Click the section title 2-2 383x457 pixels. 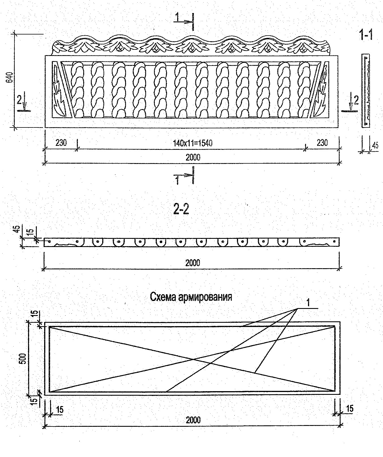click(181, 209)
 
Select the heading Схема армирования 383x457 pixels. click(191, 297)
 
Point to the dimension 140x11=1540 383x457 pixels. click(193, 143)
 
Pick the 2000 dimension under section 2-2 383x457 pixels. click(193, 263)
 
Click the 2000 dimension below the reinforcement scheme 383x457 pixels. click(193, 420)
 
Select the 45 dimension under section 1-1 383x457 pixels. click(375, 146)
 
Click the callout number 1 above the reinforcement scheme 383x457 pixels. click(309, 303)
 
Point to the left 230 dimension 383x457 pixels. click(61, 143)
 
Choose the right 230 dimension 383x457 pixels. click(322, 143)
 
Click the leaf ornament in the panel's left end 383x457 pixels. click(59, 90)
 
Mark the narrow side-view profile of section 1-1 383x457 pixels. click(366, 90)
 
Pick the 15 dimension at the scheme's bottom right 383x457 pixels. click(350, 408)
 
